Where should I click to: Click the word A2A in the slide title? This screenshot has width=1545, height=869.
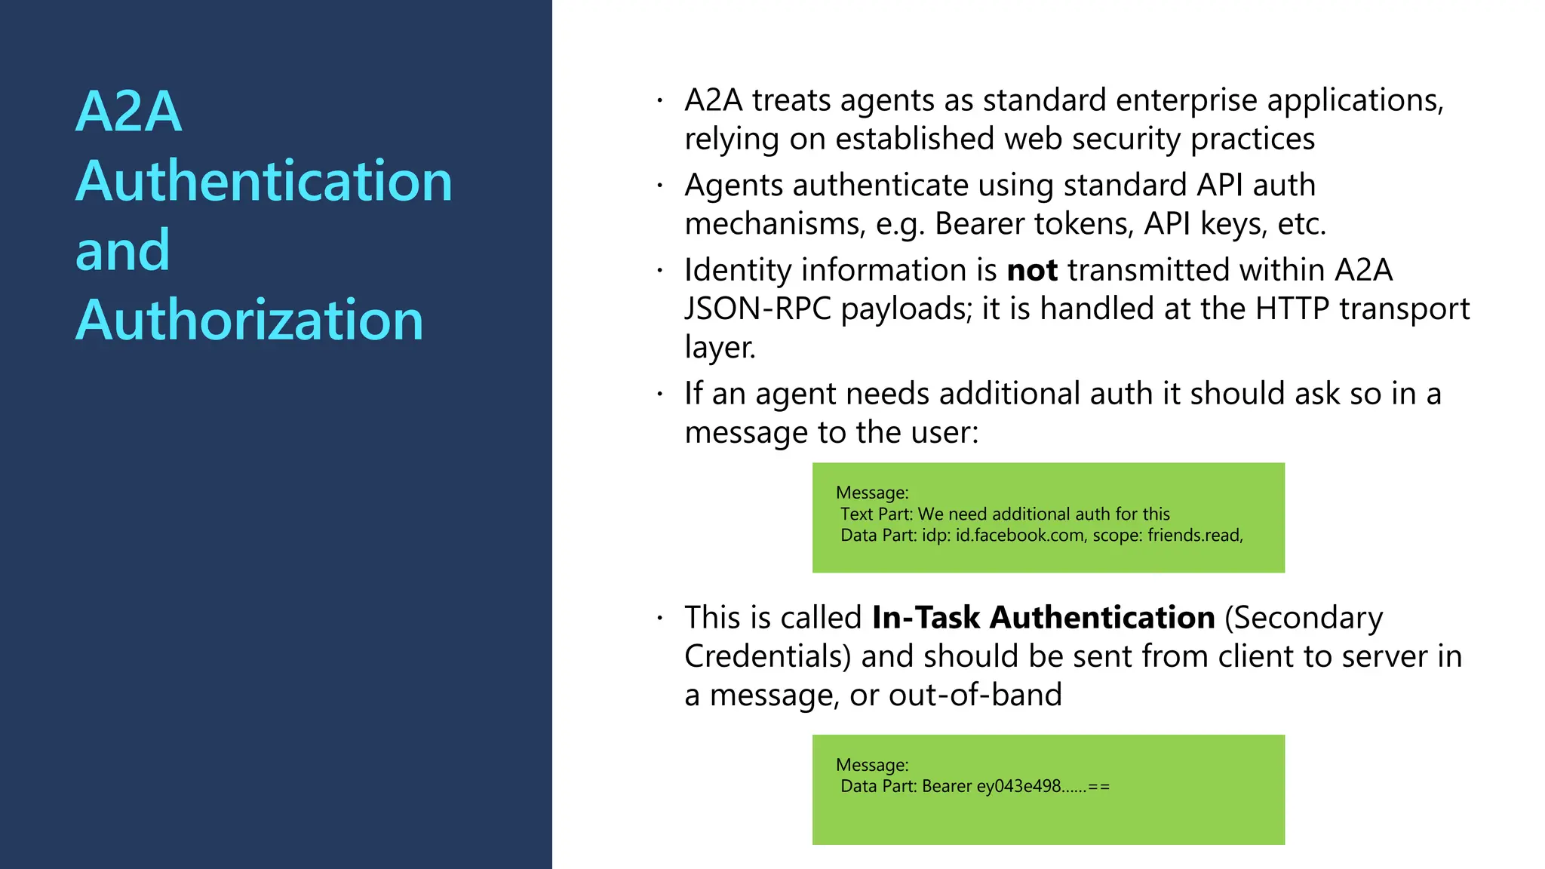tap(129, 112)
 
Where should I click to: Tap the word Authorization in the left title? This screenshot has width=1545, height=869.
tap(250, 320)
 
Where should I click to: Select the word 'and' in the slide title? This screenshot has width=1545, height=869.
tap(123, 250)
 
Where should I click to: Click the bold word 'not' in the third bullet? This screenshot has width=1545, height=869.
tap(1032, 270)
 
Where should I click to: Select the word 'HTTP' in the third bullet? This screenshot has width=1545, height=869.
tap(1292, 309)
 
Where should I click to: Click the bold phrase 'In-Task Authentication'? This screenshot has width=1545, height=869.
tap(1043, 618)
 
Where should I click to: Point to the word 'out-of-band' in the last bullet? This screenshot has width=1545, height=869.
tap(975, 695)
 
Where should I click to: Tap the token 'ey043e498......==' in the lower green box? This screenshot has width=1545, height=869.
tap(1043, 787)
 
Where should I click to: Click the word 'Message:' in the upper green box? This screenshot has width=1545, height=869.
tap(872, 493)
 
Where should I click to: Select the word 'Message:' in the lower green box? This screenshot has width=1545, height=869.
tap(872, 766)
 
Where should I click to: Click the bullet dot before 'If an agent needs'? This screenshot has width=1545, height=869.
tap(659, 394)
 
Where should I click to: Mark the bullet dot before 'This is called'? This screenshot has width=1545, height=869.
tap(659, 618)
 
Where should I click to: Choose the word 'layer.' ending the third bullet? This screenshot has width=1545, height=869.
tap(720, 348)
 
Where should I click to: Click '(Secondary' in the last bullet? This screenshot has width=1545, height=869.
tap(1304, 618)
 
